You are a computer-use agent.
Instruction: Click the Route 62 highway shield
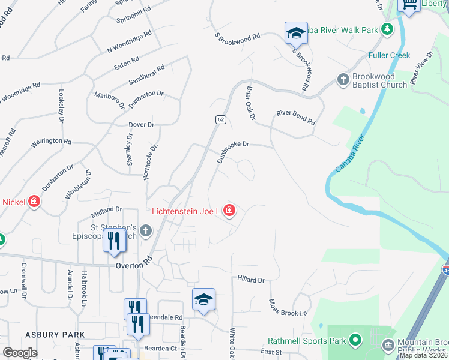coord(221,120)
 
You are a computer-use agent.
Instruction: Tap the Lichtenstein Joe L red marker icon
coord(229,210)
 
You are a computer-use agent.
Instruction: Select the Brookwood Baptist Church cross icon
coord(343,79)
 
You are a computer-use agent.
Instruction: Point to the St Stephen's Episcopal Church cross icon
coord(146,230)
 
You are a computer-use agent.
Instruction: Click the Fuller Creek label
coord(390,55)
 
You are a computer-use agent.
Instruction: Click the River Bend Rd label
coord(295,116)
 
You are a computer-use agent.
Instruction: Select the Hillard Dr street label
coord(251,280)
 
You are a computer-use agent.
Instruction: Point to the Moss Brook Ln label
coord(288,308)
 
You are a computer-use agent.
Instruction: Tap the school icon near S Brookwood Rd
coord(296,34)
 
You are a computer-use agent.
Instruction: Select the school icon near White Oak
coord(203,300)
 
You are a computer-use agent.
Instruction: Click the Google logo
coord(20,353)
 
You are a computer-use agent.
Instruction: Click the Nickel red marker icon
coord(34,202)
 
